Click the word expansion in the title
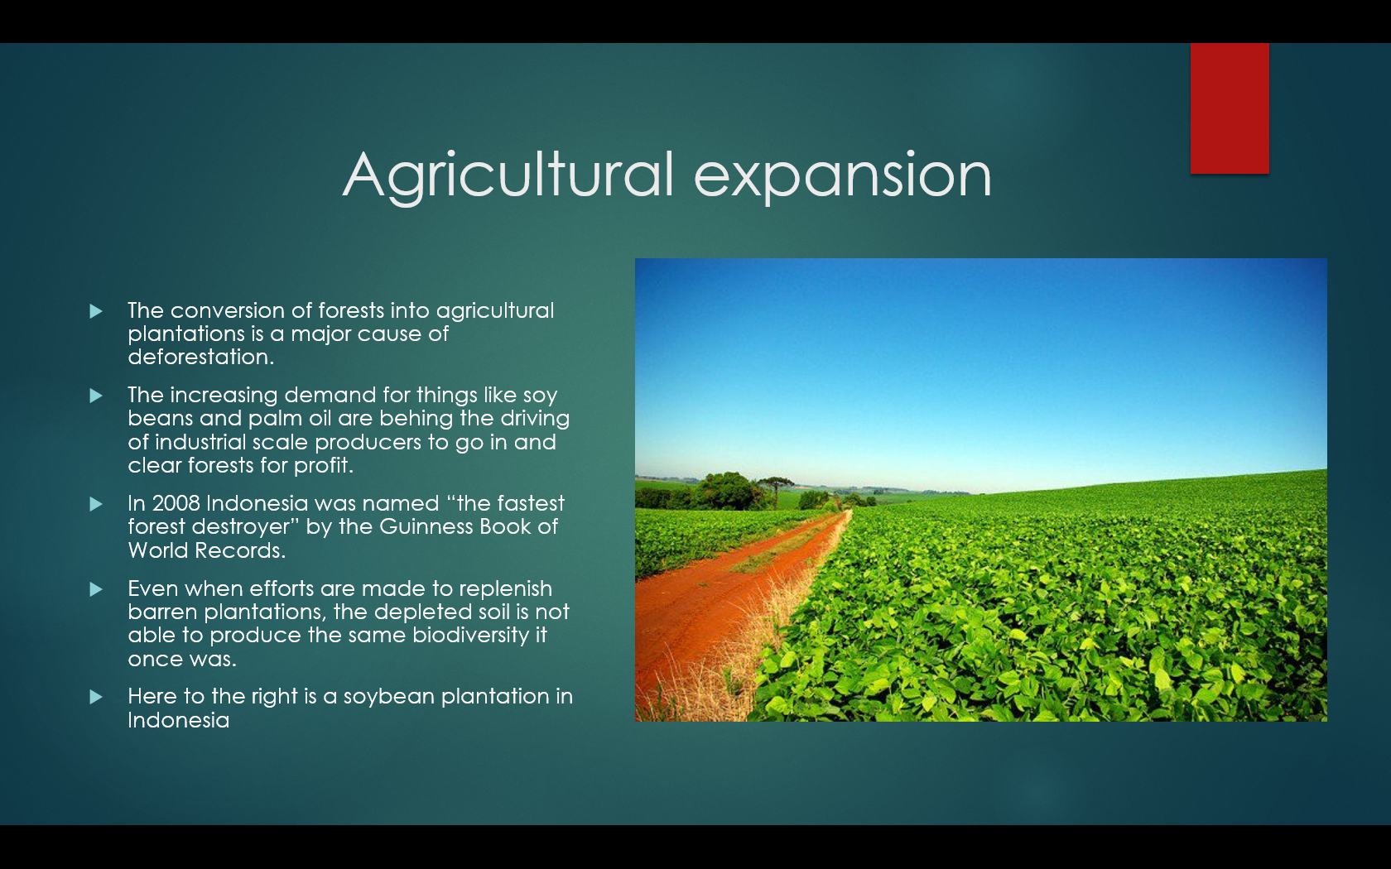pyautogui.click(x=842, y=177)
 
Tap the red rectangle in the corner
pyautogui.click(x=1230, y=108)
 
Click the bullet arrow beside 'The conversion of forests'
pyautogui.click(x=96, y=311)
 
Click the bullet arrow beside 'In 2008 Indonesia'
pyautogui.click(x=96, y=504)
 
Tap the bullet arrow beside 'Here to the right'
pyautogui.click(x=96, y=697)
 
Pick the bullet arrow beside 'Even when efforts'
pyautogui.click(x=96, y=589)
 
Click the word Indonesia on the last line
pyautogui.click(x=179, y=720)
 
